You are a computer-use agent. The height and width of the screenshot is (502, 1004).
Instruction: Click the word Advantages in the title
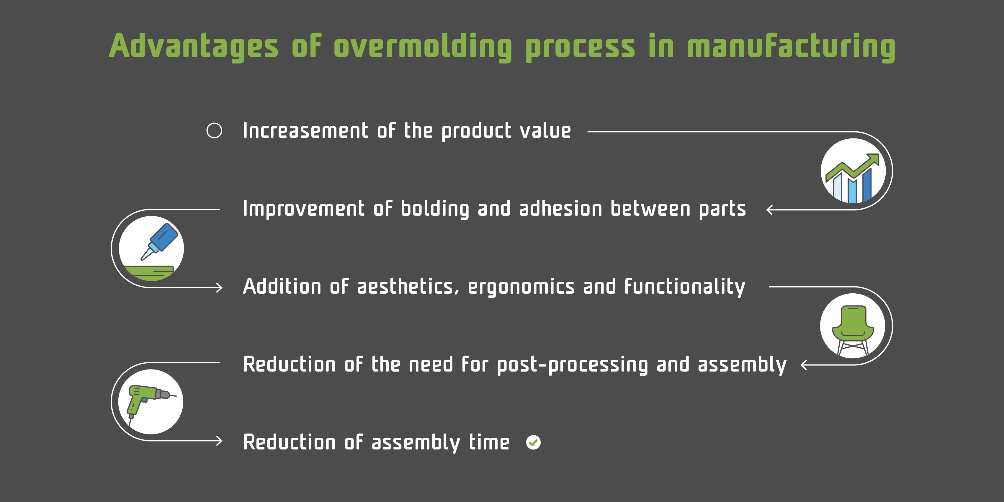click(x=193, y=46)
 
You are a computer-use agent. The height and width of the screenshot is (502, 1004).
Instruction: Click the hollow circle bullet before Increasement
click(x=214, y=130)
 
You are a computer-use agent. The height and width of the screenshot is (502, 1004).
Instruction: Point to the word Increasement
click(x=305, y=130)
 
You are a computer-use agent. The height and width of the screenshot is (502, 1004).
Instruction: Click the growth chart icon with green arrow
click(x=853, y=171)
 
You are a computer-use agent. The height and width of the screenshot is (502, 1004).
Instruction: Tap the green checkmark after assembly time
click(x=533, y=442)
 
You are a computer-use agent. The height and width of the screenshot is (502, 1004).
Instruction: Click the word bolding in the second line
click(x=435, y=209)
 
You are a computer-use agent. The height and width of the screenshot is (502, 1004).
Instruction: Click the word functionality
click(x=684, y=287)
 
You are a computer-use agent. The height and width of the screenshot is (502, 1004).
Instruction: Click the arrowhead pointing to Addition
click(x=220, y=288)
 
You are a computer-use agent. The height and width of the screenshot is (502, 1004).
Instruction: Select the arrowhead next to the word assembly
click(x=803, y=365)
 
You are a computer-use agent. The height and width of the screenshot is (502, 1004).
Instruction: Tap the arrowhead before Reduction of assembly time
click(x=220, y=441)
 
